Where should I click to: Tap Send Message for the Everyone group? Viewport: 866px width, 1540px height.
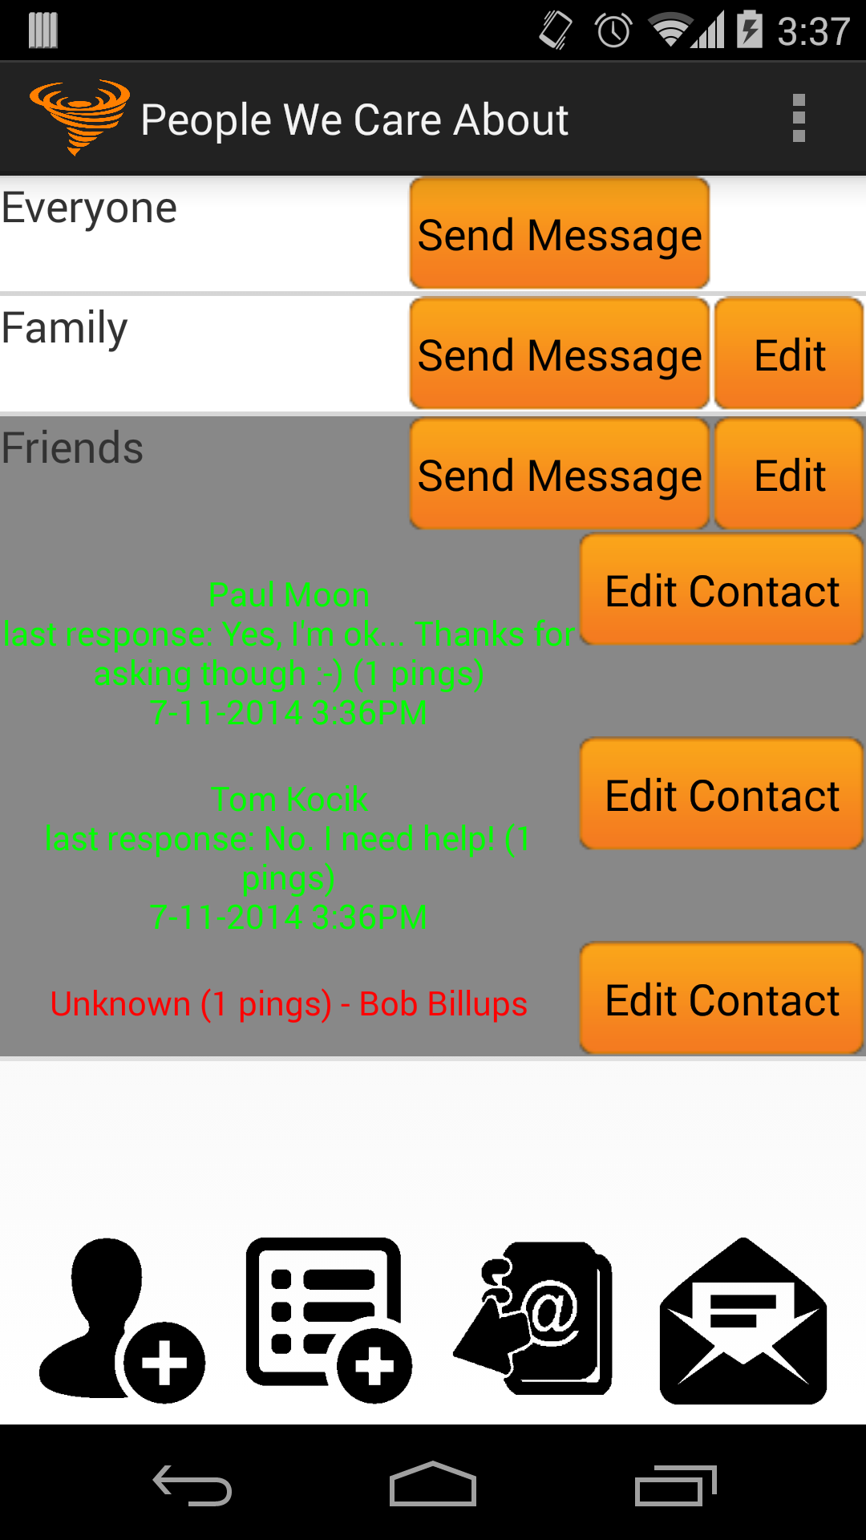coord(559,233)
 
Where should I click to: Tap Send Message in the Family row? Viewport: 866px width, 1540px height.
coord(559,354)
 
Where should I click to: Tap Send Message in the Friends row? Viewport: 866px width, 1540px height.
coord(559,474)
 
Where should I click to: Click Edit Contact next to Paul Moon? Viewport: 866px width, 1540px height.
coord(721,590)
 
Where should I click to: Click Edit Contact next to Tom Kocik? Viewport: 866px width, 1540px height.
coord(721,795)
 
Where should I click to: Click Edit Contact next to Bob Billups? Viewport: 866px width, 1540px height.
coord(721,999)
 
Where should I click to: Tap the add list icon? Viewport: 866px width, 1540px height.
coord(329,1320)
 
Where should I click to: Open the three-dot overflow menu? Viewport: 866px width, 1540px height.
coord(798,119)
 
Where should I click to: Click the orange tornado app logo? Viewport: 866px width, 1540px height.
coord(79,116)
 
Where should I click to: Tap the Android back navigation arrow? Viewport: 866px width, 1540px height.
coord(192,1485)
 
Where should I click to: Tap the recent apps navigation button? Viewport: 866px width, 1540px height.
coord(675,1485)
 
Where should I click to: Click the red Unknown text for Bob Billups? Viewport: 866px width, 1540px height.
coord(289,1003)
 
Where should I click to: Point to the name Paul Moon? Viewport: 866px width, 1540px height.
coord(289,595)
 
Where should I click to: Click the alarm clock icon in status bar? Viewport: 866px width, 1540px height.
coord(613,31)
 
